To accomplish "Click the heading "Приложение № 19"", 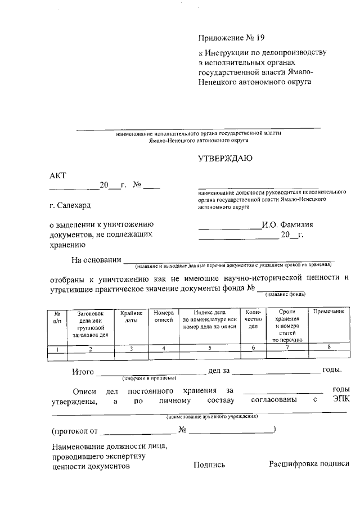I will point(231,38).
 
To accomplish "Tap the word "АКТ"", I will point(58,175).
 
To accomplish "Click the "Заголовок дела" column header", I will point(90,323).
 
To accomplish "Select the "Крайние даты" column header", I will point(130,316).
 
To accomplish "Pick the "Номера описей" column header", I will point(164,316).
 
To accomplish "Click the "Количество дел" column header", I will point(253,319).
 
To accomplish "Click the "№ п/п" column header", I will point(57,316).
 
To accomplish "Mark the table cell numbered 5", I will point(209,348).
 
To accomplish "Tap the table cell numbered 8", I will point(328,348).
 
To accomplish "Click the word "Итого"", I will point(83,371).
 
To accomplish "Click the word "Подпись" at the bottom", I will point(209,465).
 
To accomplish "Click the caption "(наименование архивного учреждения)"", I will point(212,417).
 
